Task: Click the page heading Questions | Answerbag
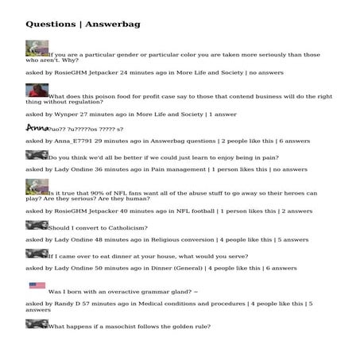click(83, 24)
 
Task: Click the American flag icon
click(37, 285)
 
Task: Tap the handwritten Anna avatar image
click(37, 127)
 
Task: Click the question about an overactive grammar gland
click(123, 292)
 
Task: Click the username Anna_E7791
click(72, 141)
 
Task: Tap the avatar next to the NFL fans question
click(37, 188)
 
